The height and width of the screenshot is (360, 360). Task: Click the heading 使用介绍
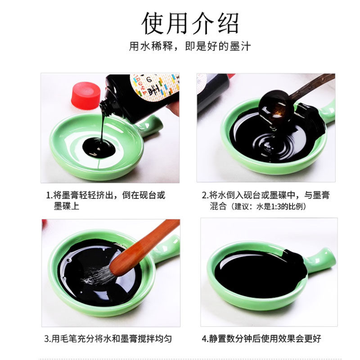pos(190,23)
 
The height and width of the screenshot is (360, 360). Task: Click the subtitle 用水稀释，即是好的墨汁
pos(189,46)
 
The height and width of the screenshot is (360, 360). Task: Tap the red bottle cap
pos(85,95)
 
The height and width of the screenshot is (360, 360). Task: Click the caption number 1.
pos(49,195)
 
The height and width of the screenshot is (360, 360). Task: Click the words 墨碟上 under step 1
pos(67,206)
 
